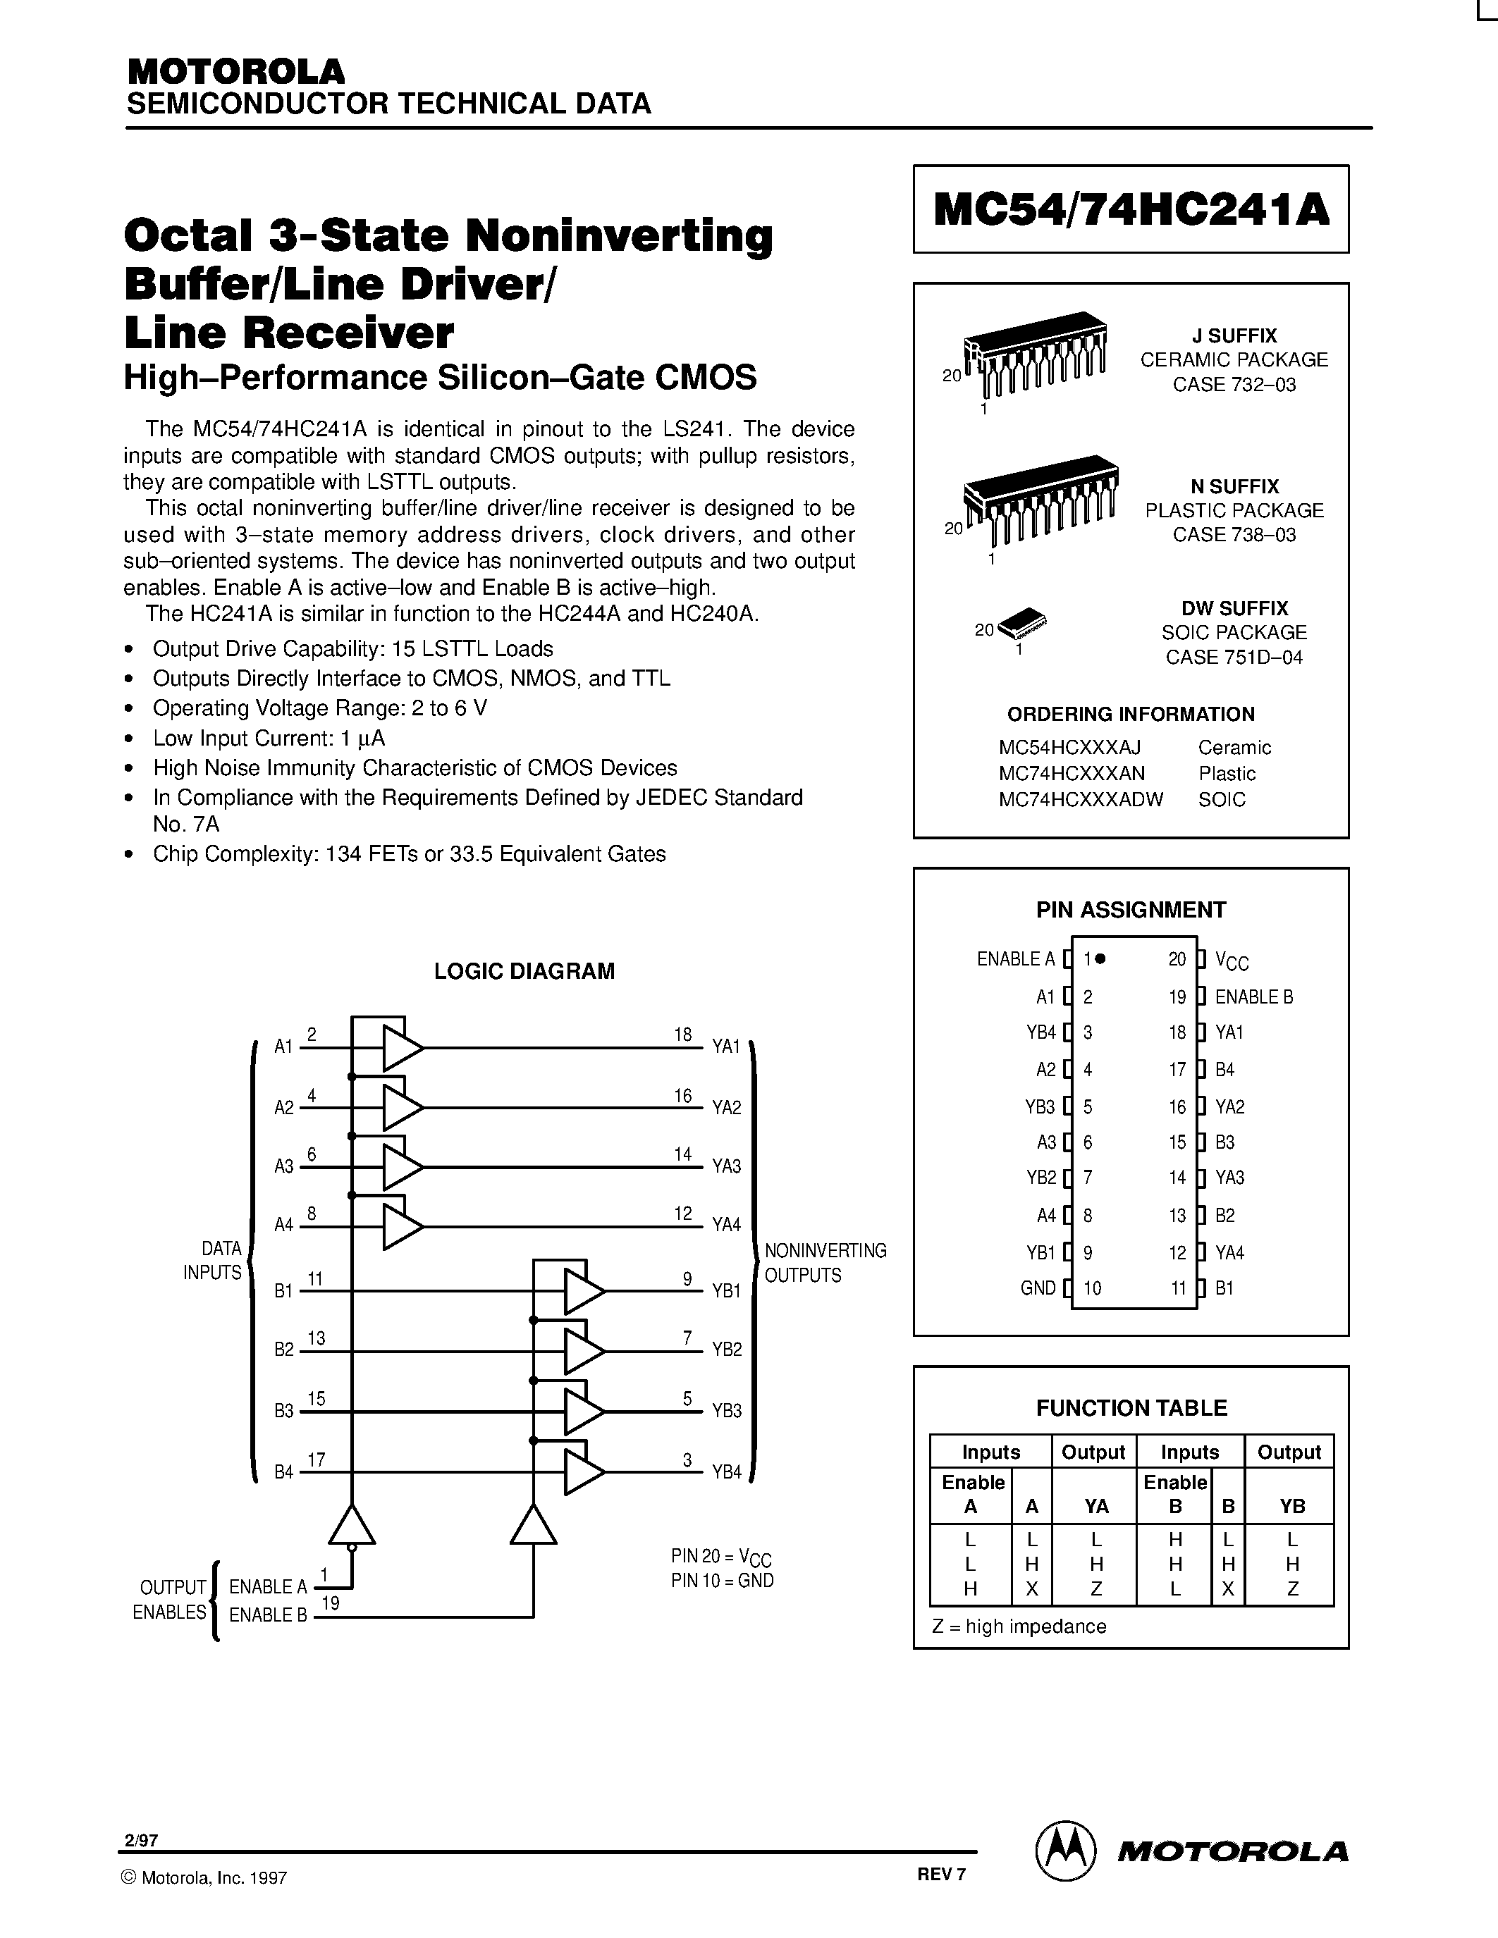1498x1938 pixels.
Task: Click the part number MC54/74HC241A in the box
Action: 1131,210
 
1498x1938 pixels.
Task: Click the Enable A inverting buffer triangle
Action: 352,1525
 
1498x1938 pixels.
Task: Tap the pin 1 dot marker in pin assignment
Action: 1100,958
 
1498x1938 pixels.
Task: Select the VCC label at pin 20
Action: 1232,960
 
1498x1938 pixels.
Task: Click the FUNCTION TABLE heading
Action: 1131,1408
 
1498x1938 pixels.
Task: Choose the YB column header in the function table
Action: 1291,1506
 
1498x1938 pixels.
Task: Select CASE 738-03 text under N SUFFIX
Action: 1234,535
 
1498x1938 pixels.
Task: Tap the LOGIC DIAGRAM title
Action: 524,971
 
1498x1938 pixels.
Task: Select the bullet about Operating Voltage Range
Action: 319,708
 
